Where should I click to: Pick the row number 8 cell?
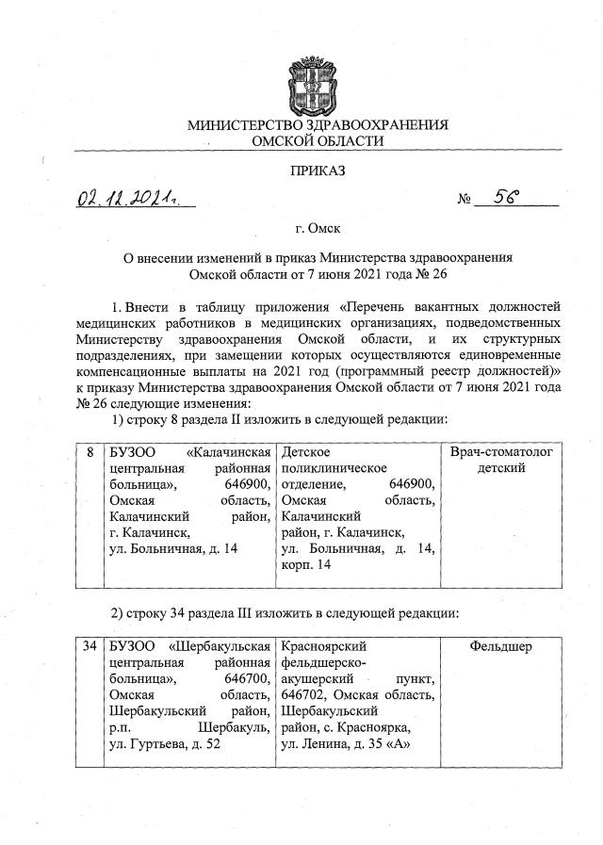coord(90,453)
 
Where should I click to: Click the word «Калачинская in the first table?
coord(223,453)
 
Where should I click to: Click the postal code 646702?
coord(304,695)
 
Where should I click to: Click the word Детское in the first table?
coord(307,453)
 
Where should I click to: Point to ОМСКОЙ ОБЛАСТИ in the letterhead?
coord(318,140)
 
